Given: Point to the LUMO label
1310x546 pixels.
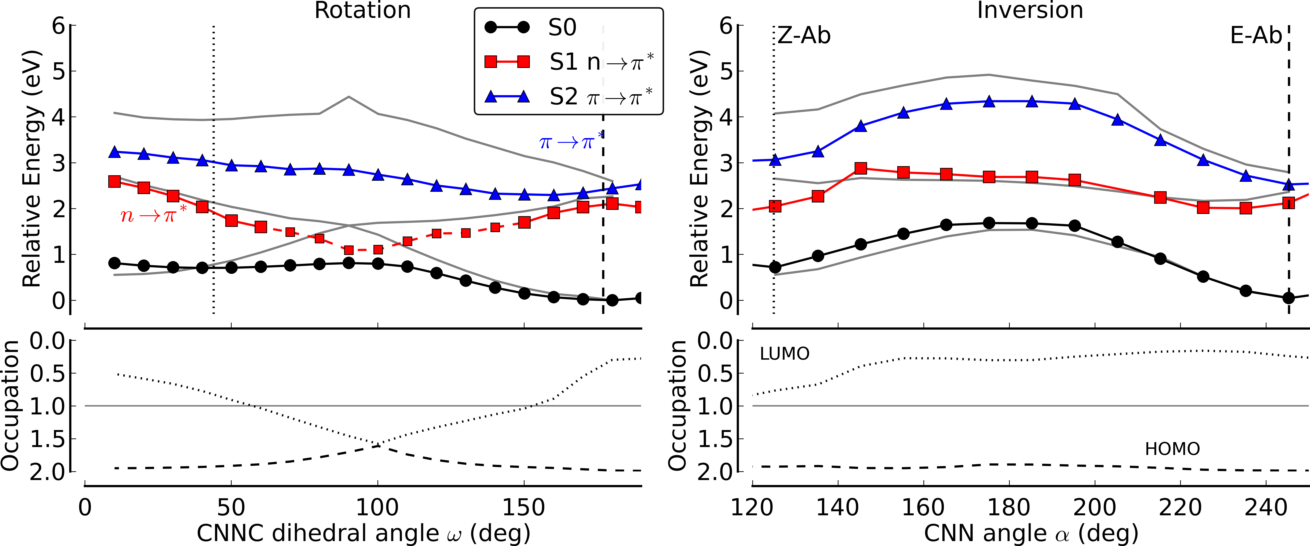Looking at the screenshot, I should tap(784, 354).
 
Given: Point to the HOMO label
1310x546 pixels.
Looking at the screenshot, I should tap(1172, 449).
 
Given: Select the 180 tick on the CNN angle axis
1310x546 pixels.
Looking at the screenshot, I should tap(1009, 507).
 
